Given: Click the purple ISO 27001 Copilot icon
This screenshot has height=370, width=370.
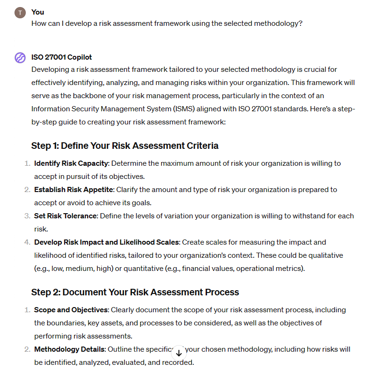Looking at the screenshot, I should pyautogui.click(x=20, y=58).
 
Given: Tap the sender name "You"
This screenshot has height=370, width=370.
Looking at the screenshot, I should pyautogui.click(x=37, y=12).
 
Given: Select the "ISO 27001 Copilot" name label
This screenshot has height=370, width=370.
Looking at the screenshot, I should pyautogui.click(x=61, y=57).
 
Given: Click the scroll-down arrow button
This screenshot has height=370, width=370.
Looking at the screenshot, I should pyautogui.click(x=179, y=353).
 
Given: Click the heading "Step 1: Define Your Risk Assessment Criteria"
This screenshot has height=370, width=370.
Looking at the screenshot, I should pyautogui.click(x=125, y=146).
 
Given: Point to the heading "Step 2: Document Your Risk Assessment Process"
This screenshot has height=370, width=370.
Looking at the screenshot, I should pyautogui.click(x=135, y=292).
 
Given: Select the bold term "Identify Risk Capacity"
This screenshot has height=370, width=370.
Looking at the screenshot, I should pyautogui.click(x=71, y=163).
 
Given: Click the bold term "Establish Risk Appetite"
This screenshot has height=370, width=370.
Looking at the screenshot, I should pyautogui.click(x=74, y=190).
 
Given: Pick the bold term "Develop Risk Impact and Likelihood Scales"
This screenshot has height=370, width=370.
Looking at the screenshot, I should pyautogui.click(x=106, y=242).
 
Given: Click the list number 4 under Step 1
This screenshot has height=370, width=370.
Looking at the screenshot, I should pyautogui.click(x=27, y=242).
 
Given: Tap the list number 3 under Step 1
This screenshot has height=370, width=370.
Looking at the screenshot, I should pyautogui.click(x=27, y=216).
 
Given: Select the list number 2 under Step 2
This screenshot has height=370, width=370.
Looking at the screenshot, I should pyautogui.click(x=27, y=349).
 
